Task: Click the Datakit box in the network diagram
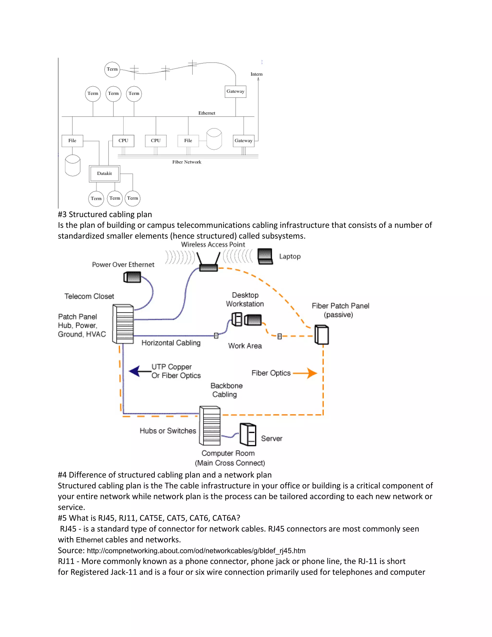[104, 174]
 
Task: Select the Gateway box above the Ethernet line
[235, 92]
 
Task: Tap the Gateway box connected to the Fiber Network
[243, 141]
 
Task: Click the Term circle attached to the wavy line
[112, 69]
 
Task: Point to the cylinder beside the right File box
[214, 139]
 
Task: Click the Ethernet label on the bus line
[207, 113]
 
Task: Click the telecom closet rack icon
[123, 324]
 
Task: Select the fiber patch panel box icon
[322, 335]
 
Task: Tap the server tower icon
[248, 435]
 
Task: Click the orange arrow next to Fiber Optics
[305, 373]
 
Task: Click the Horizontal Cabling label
[171, 343]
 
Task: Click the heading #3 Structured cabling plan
[105, 214]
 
